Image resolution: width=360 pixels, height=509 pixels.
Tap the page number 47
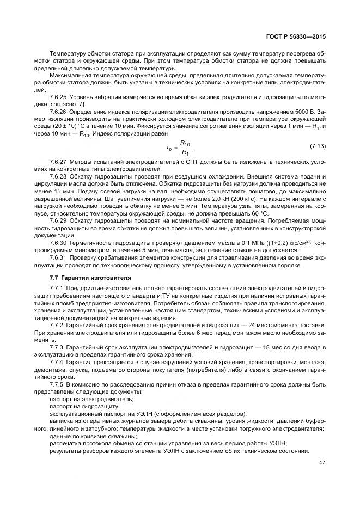point(321,477)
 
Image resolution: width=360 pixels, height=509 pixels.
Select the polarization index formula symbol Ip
point(169,148)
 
